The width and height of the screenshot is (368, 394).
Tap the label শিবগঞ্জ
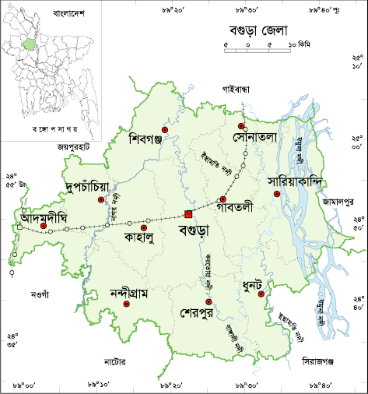156,140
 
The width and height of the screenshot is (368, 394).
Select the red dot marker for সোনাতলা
242,126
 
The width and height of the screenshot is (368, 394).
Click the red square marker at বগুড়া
188,214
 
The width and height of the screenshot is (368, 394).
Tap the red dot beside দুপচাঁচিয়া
100,200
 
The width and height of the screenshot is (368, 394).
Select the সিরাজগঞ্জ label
324,360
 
